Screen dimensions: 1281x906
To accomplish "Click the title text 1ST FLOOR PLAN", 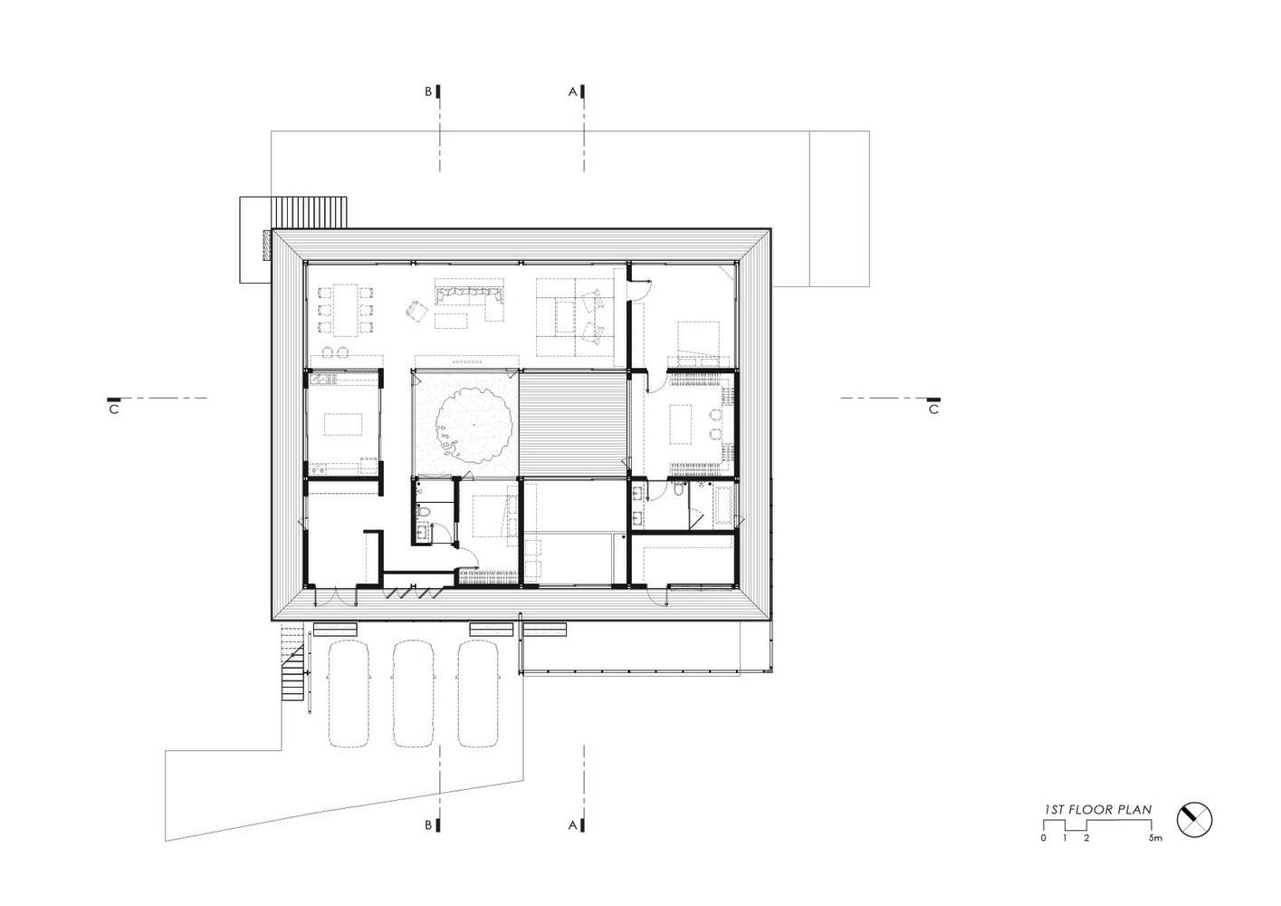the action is click(1097, 809).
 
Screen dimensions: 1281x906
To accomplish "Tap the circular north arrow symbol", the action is click(1194, 820).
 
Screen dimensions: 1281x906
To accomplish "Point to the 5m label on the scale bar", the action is click(1155, 838).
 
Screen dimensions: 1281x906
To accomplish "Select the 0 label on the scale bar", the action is click(1044, 838).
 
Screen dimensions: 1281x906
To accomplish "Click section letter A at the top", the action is click(572, 91).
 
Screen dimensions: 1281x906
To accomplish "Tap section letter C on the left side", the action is click(114, 410).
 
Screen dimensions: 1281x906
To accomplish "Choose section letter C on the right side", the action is click(933, 410).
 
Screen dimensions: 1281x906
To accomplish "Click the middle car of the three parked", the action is click(413, 693).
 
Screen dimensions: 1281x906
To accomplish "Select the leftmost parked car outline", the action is click(349, 693).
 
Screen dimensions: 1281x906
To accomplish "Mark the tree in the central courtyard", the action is click(473, 425).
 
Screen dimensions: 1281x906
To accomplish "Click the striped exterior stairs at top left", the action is click(309, 212).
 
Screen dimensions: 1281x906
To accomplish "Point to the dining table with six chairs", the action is click(346, 310).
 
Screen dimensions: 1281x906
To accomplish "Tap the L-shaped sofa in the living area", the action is click(470, 299).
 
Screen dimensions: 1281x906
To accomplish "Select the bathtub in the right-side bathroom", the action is click(722, 506).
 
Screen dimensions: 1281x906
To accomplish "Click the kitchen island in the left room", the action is click(344, 424).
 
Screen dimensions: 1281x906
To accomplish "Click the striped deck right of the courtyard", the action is click(572, 424).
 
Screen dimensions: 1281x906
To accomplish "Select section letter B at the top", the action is click(428, 91).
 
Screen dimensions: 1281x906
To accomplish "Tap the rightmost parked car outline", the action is click(477, 693).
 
